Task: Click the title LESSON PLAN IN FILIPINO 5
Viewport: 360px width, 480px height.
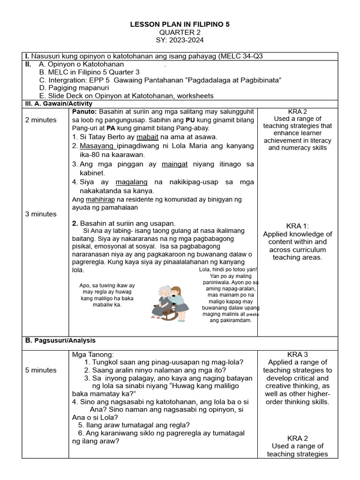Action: [x=180, y=24]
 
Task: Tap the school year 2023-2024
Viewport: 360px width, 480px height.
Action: [x=180, y=40]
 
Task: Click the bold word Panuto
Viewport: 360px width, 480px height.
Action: [x=84, y=112]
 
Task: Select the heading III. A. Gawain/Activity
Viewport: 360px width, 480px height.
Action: [x=58, y=104]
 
